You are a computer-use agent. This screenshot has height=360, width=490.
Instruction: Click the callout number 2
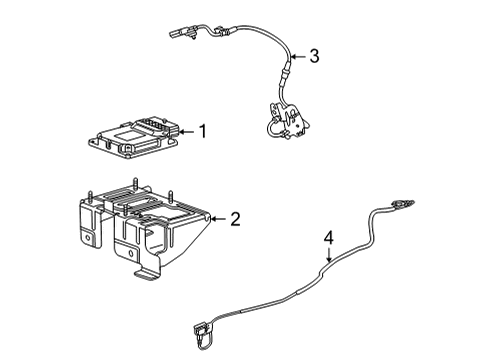point(235,219)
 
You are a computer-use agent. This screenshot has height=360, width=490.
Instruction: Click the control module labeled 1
point(135,136)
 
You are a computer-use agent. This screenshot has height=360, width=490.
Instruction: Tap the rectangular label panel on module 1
point(127,133)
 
